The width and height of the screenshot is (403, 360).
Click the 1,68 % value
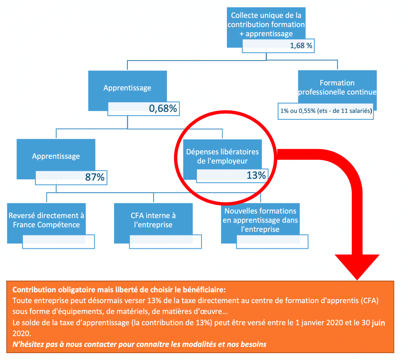coord(301,46)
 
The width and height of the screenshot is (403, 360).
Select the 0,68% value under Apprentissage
coord(163,108)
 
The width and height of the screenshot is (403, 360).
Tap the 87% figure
coord(95,177)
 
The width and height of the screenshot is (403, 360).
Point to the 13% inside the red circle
coord(256,175)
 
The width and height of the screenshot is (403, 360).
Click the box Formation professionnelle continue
coord(337,87)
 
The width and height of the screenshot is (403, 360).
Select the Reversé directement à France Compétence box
coord(46,220)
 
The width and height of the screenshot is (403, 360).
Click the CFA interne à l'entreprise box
coord(153,220)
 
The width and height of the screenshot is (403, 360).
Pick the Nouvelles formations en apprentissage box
coord(260,220)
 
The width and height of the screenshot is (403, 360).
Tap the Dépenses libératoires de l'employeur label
coord(222,156)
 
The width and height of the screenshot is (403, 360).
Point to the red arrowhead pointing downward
coord(357,266)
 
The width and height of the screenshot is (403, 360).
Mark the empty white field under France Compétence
coord(58,242)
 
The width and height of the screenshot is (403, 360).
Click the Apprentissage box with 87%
coord(56,156)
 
